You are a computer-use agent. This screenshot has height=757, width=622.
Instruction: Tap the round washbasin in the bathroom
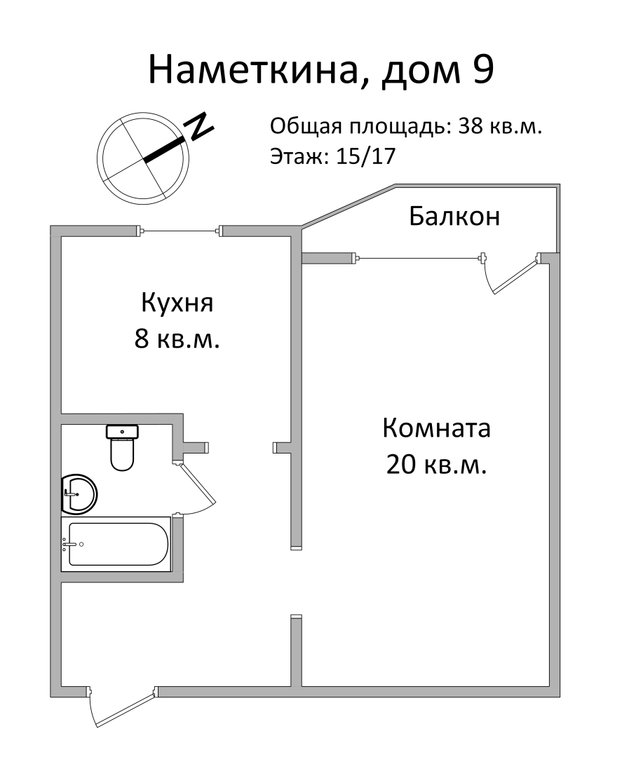[79, 493]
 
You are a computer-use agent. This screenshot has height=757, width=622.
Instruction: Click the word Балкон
[454, 217]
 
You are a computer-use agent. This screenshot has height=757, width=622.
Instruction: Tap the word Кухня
[177, 304]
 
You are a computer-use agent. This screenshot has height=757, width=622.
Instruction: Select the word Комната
[436, 428]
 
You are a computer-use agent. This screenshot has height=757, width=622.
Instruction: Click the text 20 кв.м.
[436, 465]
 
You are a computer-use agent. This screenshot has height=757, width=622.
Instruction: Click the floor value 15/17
[366, 156]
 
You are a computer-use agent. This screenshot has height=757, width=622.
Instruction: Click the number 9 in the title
[482, 70]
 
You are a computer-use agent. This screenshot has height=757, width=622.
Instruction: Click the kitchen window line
[180, 231]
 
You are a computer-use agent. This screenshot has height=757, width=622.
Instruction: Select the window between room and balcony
[419, 259]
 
